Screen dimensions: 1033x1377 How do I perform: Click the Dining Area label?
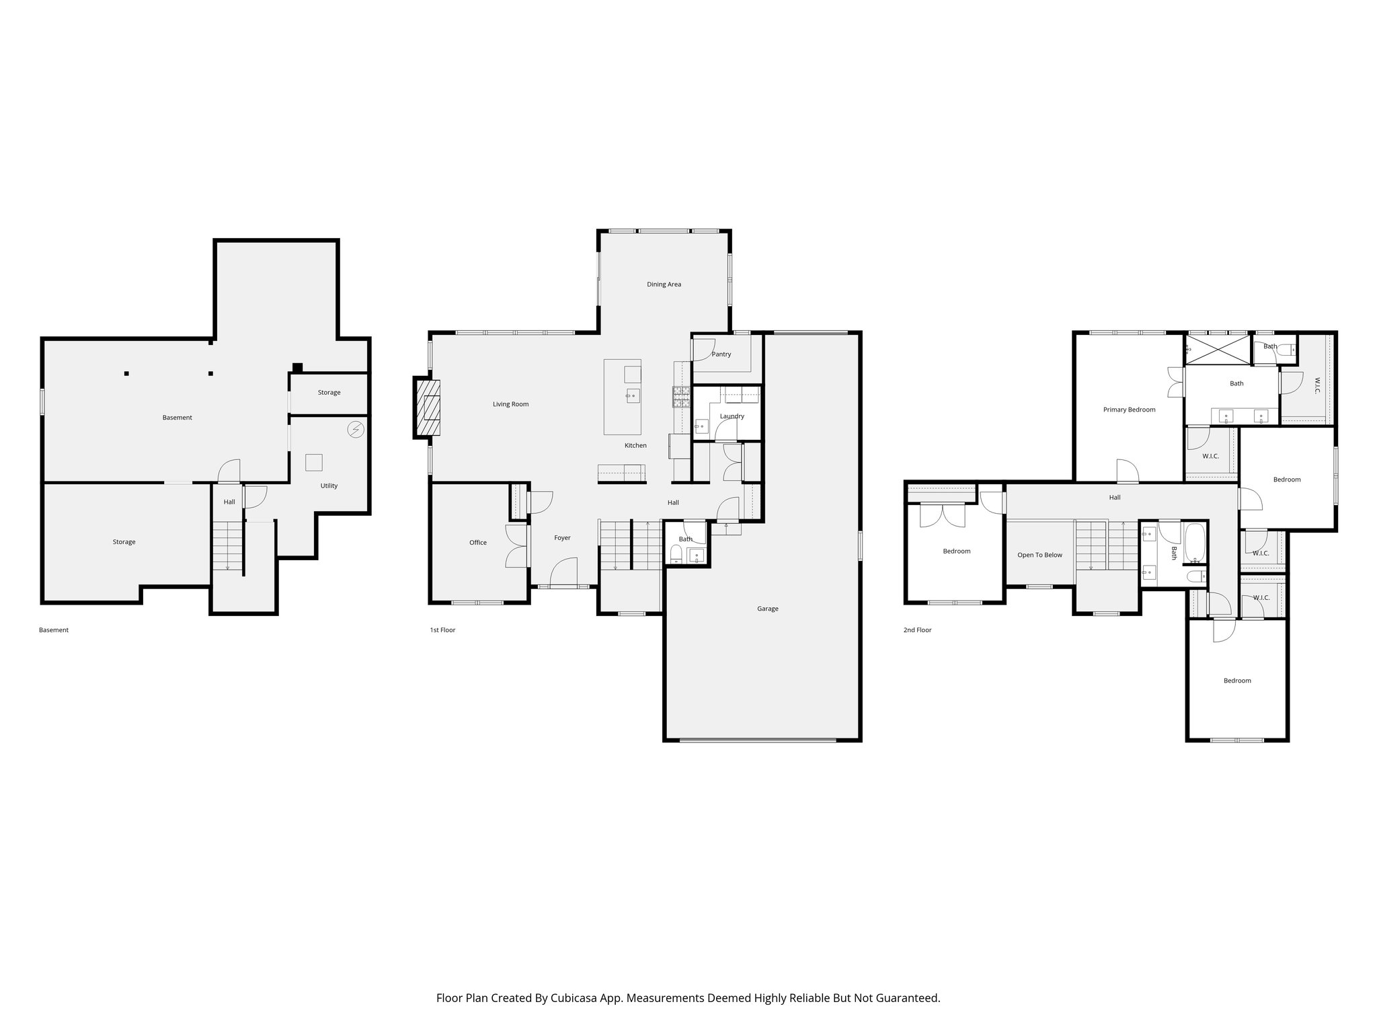pyautogui.click(x=664, y=284)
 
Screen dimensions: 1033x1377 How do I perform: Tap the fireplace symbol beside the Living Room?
pyautogui.click(x=427, y=408)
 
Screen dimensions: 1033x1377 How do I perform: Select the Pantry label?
pyautogui.click(x=721, y=354)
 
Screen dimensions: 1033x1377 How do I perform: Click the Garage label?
pyautogui.click(x=767, y=609)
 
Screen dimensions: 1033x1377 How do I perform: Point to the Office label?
pyautogui.click(x=477, y=543)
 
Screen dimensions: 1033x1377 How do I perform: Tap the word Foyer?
pyautogui.click(x=562, y=538)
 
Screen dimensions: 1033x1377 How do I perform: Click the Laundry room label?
pyautogui.click(x=732, y=416)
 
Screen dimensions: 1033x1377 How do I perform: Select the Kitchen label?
pyautogui.click(x=635, y=446)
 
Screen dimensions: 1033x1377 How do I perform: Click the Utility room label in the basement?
pyautogui.click(x=329, y=486)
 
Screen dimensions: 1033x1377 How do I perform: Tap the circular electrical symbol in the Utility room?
pyautogui.click(x=356, y=429)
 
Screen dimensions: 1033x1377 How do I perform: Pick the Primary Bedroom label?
pyautogui.click(x=1129, y=410)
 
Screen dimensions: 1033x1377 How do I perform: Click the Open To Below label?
pyautogui.click(x=1039, y=555)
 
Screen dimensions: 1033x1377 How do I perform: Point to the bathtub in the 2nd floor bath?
pyautogui.click(x=1195, y=543)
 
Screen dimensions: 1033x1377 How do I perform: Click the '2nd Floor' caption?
pyautogui.click(x=917, y=630)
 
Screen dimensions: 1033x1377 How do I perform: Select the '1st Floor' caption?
pyautogui.click(x=442, y=630)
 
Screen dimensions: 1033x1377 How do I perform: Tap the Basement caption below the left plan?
pyautogui.click(x=54, y=630)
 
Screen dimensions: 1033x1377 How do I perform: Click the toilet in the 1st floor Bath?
pyautogui.click(x=676, y=554)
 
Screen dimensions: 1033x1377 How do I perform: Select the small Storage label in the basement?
pyautogui.click(x=329, y=393)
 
